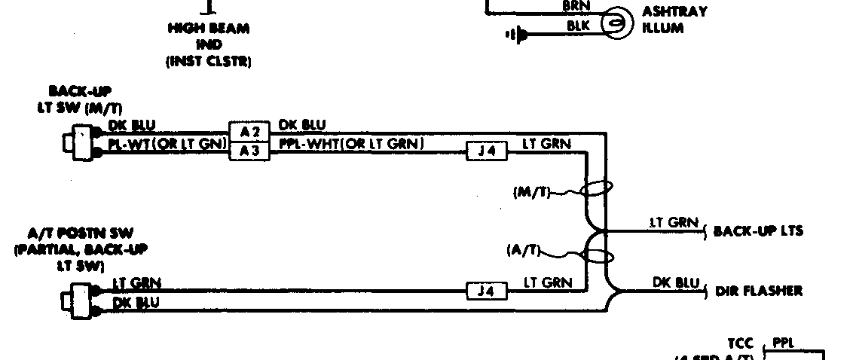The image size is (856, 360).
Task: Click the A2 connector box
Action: (249, 130)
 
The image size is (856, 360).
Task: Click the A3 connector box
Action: (249, 151)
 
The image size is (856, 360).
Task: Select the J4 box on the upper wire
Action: (487, 151)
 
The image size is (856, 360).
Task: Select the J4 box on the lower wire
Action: (487, 290)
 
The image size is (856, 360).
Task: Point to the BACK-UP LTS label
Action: (758, 230)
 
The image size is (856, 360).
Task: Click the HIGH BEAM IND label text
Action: (209, 45)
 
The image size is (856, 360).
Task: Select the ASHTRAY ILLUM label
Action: (675, 20)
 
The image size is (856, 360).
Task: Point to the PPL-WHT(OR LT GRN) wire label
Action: (351, 143)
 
